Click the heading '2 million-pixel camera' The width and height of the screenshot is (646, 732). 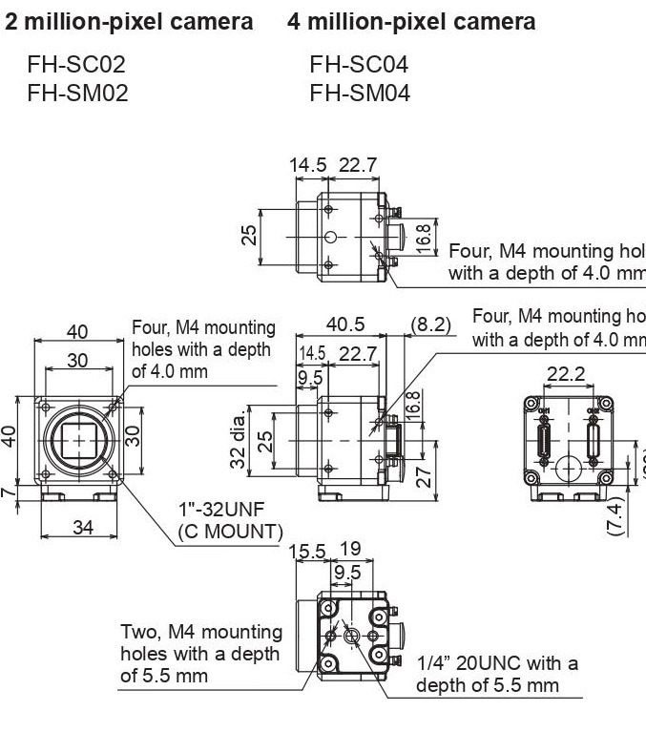[130, 22]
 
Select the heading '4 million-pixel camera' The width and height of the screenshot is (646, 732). [411, 22]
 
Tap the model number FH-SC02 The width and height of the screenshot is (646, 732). [76, 65]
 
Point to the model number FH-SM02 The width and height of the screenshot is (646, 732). [77, 93]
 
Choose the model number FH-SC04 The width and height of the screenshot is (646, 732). [359, 65]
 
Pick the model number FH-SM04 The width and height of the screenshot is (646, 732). [360, 93]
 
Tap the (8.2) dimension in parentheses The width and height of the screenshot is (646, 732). [429, 324]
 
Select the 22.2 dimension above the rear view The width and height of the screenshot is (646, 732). [566, 374]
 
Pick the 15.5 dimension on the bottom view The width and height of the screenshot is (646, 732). [307, 551]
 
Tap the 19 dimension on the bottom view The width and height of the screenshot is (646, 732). [349, 551]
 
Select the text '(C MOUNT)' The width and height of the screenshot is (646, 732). [230, 531]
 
